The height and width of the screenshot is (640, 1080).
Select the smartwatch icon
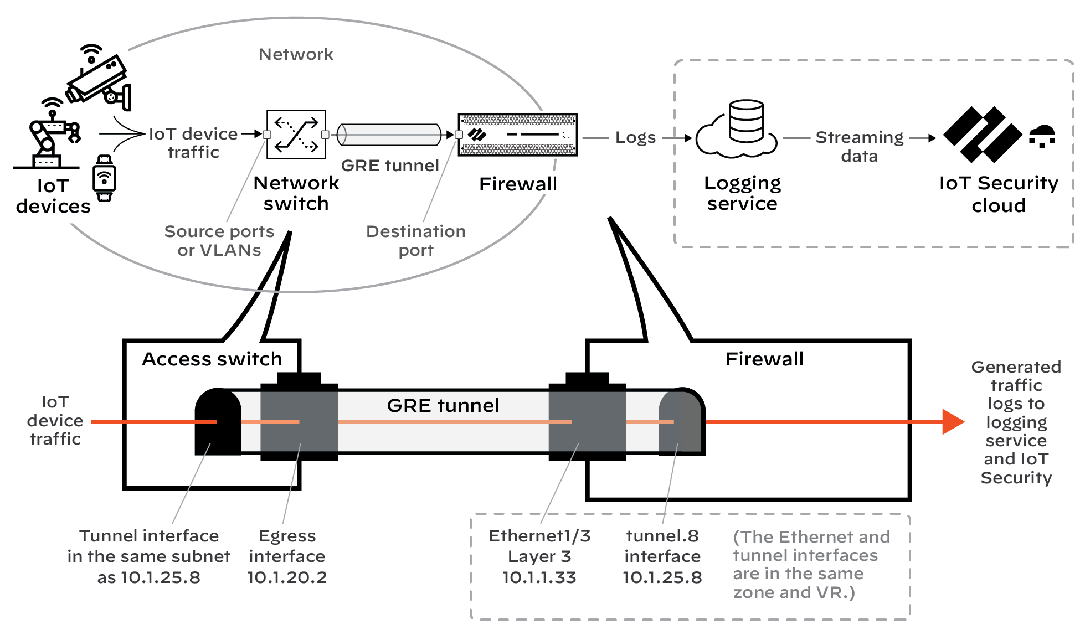coord(104,178)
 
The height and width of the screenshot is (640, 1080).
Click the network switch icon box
coord(296,135)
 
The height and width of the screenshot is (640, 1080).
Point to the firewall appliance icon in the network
coord(518,135)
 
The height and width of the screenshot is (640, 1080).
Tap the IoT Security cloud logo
coord(984,135)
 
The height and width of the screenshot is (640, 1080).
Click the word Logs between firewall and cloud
coord(635,137)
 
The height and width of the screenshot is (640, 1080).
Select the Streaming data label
coord(859,146)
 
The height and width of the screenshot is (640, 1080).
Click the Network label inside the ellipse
coord(296,54)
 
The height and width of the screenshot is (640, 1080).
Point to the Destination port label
coord(416,240)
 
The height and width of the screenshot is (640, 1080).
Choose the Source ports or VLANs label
coord(219,240)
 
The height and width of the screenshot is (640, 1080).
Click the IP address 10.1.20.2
coord(287,577)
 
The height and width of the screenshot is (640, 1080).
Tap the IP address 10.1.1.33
coord(539,577)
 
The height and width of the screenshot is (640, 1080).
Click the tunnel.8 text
coord(662,536)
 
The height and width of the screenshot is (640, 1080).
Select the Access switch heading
coord(212,359)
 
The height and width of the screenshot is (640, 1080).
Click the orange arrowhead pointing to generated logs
coord(953,422)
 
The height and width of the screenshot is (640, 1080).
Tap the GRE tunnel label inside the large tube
coord(443,405)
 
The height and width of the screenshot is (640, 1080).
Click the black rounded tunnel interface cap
coord(218,421)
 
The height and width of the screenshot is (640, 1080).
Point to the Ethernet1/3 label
coord(539,536)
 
